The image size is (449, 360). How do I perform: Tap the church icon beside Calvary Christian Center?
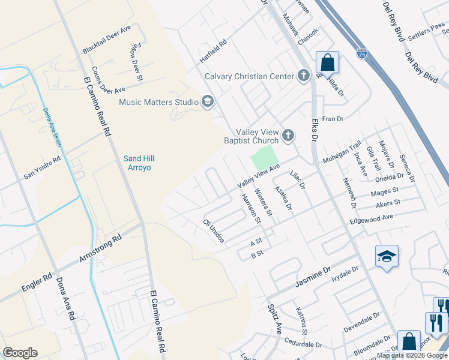(x=304, y=76)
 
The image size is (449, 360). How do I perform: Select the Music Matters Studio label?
(x=158, y=102)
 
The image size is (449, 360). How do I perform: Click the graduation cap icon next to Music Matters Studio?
(x=208, y=102)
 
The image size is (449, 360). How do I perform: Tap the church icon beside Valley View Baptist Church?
(x=288, y=136)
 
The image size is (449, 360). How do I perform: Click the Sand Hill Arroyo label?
(x=137, y=163)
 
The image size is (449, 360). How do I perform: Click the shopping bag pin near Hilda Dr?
(x=327, y=62)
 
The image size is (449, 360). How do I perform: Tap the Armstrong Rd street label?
(x=101, y=248)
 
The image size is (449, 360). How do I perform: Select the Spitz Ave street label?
(x=275, y=318)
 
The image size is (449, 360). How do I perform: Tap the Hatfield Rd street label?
(x=214, y=52)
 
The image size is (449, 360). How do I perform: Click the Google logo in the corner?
(x=20, y=353)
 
